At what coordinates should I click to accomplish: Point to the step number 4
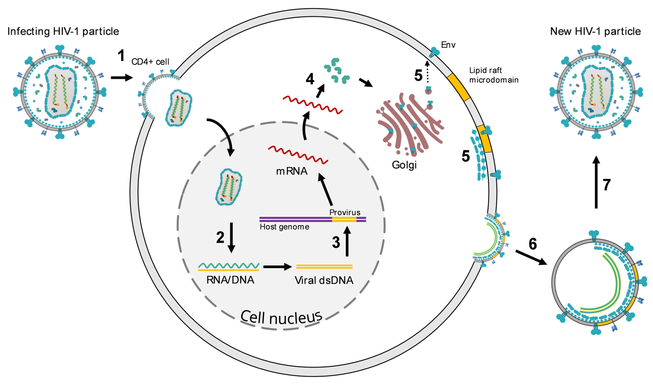310,79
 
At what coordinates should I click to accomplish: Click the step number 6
533,244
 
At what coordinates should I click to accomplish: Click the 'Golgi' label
404,165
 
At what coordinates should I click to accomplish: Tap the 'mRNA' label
292,171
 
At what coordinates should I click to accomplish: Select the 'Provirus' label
345,212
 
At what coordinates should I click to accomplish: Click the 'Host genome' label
284,227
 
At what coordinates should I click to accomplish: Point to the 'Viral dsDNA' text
324,280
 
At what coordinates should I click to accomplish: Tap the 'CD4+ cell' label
150,62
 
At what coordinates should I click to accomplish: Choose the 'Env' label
448,45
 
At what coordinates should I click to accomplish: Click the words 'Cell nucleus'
281,317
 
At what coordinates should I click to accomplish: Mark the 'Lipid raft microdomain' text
494,75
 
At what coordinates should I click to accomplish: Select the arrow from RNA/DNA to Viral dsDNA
277,267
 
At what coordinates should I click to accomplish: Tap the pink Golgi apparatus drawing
409,125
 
